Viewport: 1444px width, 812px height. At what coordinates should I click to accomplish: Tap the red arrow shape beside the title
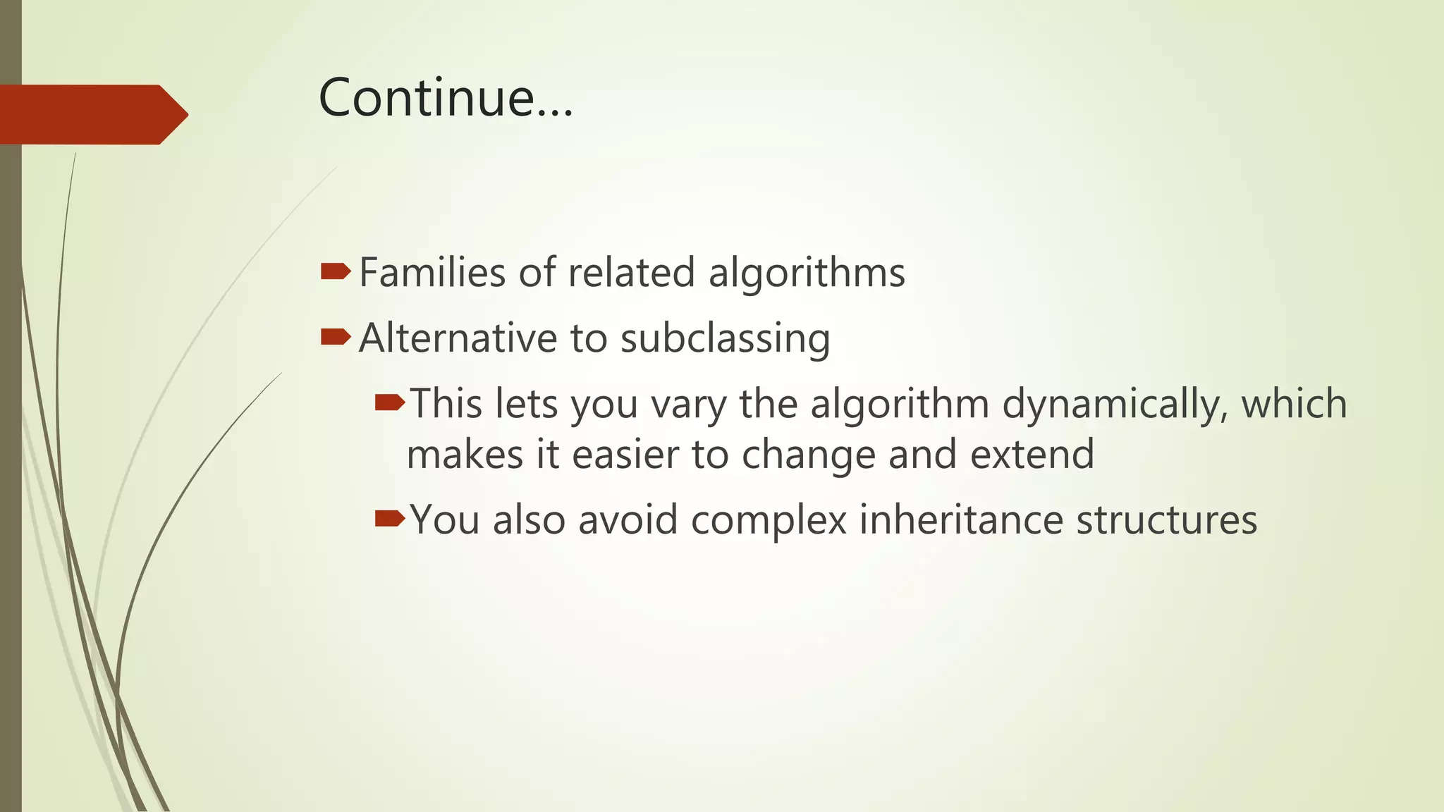point(92,114)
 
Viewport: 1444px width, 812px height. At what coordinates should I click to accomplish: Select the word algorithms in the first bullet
point(806,273)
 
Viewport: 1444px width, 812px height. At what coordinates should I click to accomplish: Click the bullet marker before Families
point(335,271)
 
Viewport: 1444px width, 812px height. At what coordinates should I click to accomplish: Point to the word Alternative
point(458,338)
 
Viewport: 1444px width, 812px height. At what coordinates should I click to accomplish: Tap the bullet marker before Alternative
point(335,337)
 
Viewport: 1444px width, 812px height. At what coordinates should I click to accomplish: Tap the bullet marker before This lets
point(390,403)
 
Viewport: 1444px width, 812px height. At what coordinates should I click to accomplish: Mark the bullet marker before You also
point(390,519)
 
